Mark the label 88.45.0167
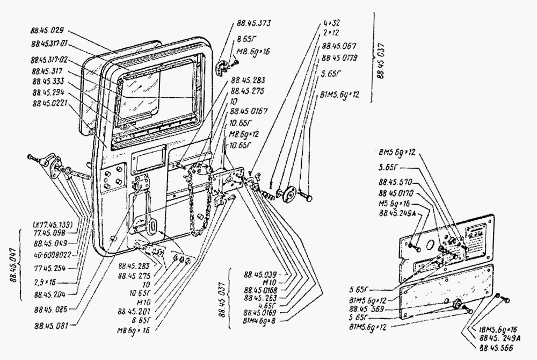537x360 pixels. pyautogui.click(x=249, y=111)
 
